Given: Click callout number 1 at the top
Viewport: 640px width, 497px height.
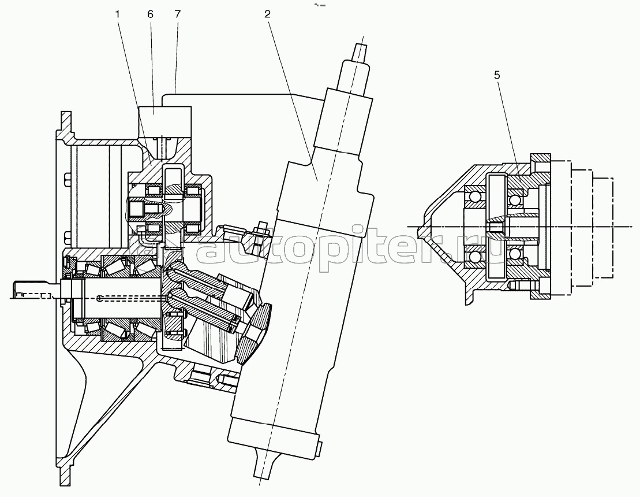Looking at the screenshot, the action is click(x=118, y=14).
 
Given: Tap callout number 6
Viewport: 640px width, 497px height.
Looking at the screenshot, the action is click(x=150, y=14).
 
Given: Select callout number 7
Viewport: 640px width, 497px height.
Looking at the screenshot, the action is click(x=177, y=14).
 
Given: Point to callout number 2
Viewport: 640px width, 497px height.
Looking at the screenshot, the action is click(x=267, y=14).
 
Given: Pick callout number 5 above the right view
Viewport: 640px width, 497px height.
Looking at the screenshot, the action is click(x=497, y=75).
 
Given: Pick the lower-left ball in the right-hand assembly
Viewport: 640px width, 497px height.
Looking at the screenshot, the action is click(x=475, y=258).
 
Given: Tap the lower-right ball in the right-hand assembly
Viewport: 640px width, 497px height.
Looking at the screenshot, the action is click(x=515, y=255).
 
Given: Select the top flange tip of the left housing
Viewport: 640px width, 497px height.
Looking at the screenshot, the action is click(x=65, y=118).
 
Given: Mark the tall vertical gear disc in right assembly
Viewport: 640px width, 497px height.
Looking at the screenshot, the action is click(x=496, y=227).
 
